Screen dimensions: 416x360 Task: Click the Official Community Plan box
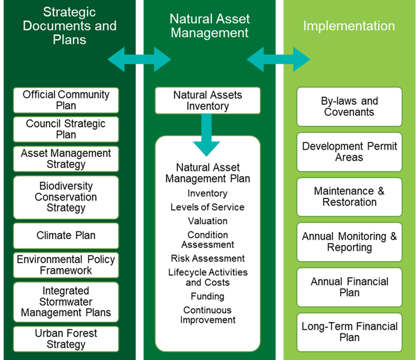tap(66, 100)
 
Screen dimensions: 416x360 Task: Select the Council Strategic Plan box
tap(66, 130)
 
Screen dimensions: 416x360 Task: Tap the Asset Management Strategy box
tap(66, 159)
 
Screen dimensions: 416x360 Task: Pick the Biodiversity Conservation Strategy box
tap(66, 197)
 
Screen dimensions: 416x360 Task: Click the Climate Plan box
tap(66, 235)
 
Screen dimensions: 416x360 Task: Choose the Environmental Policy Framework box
tap(66, 265)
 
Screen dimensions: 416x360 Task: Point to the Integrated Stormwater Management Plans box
tap(66, 302)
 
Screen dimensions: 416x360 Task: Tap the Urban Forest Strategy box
tap(66, 339)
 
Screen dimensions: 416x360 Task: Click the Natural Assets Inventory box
tap(208, 100)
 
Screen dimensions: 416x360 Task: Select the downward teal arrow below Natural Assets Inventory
tap(206, 134)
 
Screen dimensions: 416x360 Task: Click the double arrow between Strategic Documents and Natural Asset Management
tap(139, 59)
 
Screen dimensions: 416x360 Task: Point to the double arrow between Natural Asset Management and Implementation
tap(279, 59)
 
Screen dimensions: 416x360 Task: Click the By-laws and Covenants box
tap(350, 106)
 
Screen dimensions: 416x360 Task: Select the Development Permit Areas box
tap(350, 152)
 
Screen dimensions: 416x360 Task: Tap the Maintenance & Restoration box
tap(350, 197)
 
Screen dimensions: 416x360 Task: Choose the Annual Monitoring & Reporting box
tap(350, 242)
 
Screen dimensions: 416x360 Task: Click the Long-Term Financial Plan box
tap(350, 332)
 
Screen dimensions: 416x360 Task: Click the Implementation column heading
tap(349, 26)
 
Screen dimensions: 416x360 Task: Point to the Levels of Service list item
tap(207, 207)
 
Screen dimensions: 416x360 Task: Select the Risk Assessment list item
tap(208, 258)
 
